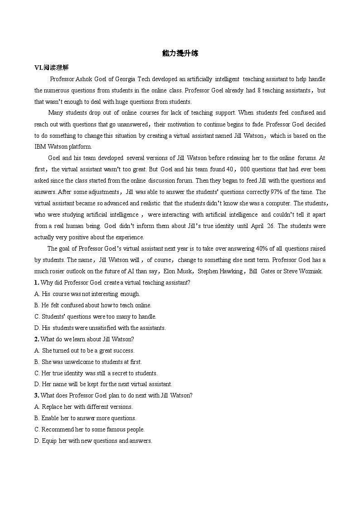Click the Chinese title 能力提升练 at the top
coord(180,53)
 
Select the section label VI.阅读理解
coord(51,68)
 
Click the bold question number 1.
coord(36,283)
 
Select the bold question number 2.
coord(36,339)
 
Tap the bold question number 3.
coord(36,396)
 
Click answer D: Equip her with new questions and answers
coord(93,441)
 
